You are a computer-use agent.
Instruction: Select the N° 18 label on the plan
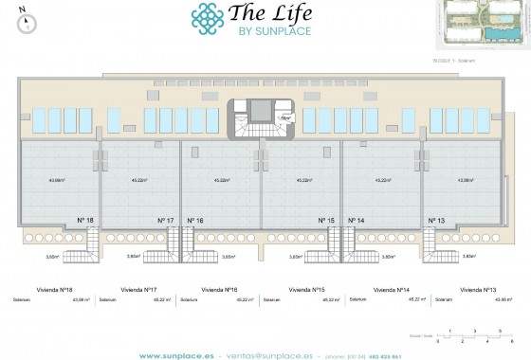85,221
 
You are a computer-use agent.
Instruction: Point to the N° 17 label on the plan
165,221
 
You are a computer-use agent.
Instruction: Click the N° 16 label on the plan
196,221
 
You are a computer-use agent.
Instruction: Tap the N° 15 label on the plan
326,221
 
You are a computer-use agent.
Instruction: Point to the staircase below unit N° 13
436,249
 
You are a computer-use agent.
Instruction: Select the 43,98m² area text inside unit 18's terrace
58,179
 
